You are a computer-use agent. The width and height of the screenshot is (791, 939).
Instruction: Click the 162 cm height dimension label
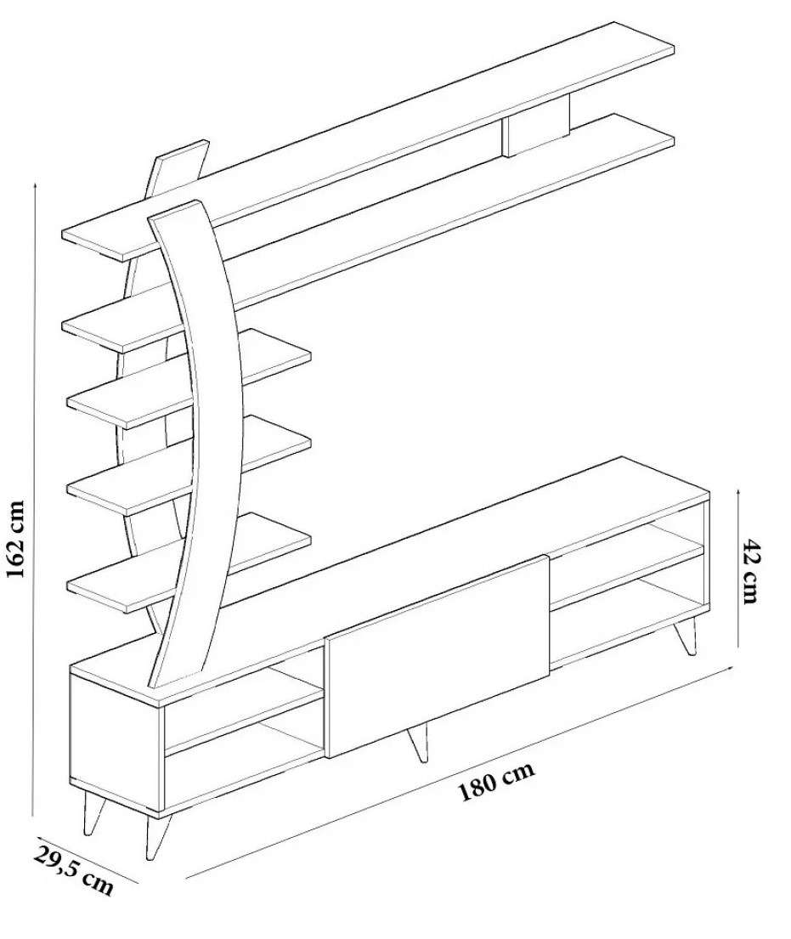point(15,539)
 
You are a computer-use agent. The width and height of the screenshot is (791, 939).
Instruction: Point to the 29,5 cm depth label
point(74,870)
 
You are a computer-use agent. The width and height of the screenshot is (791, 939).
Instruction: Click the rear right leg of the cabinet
point(686,636)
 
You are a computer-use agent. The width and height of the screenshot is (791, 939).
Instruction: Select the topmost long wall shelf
point(368,141)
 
